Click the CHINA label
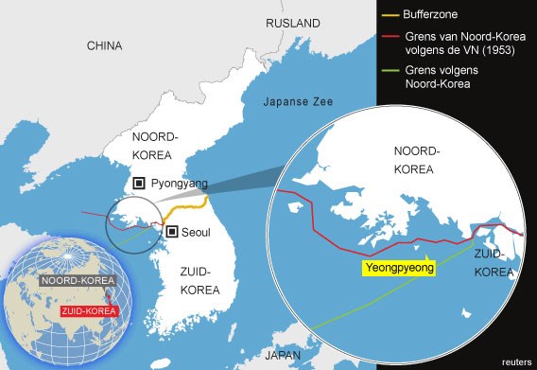pyautogui.click(x=104, y=45)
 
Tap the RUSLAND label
pyautogui.click(x=292, y=23)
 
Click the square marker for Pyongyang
pyautogui.click(x=139, y=184)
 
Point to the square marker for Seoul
pyautogui.click(x=171, y=231)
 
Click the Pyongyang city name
pyautogui.click(x=180, y=184)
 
